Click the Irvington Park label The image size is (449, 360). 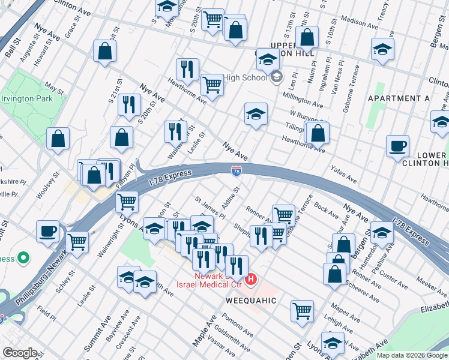26,98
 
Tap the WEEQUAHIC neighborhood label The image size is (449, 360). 251,299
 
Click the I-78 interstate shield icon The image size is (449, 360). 237,172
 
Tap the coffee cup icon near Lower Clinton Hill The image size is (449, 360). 397,146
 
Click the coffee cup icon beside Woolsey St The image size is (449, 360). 47,231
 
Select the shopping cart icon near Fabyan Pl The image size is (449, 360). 127,201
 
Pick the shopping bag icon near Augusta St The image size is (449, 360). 105,51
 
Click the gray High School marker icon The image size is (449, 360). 276,77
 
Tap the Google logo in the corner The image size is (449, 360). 20,352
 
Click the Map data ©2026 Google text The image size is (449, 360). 412,355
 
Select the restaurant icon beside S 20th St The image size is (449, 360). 129,106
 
